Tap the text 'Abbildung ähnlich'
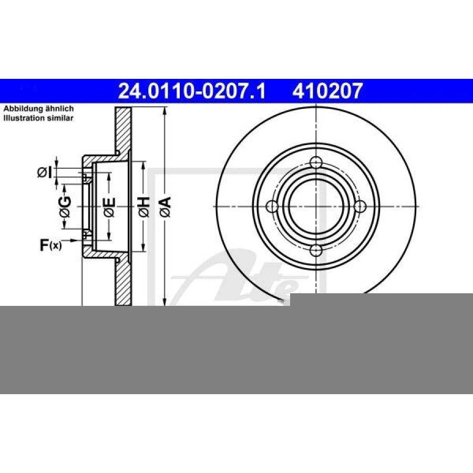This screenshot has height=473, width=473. coord(38,109)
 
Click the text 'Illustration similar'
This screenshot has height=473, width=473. coord(38,118)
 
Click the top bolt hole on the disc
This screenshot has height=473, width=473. coord(315,163)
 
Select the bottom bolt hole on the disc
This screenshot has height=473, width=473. coord(315,250)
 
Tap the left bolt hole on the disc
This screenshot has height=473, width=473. coord(272,207)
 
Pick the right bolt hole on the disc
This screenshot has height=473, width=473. coord(359,207)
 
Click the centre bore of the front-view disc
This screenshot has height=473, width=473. coord(315,207)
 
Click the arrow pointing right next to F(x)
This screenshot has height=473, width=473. coord(76,240)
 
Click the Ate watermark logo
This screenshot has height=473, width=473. coord(236,279)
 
